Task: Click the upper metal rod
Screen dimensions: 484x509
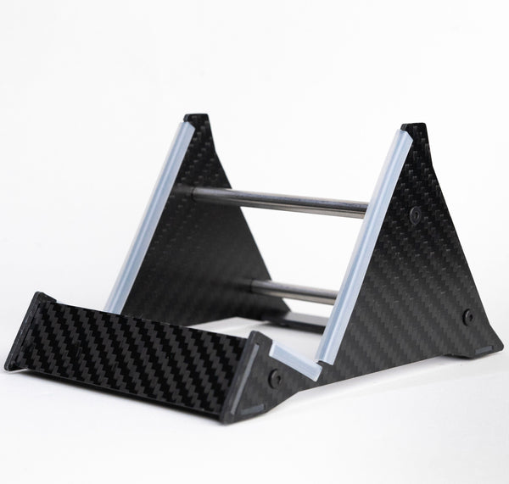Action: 280,201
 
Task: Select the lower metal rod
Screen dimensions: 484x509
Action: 297,292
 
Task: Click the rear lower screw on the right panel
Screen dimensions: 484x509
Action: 467,316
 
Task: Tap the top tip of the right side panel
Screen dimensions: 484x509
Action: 415,129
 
